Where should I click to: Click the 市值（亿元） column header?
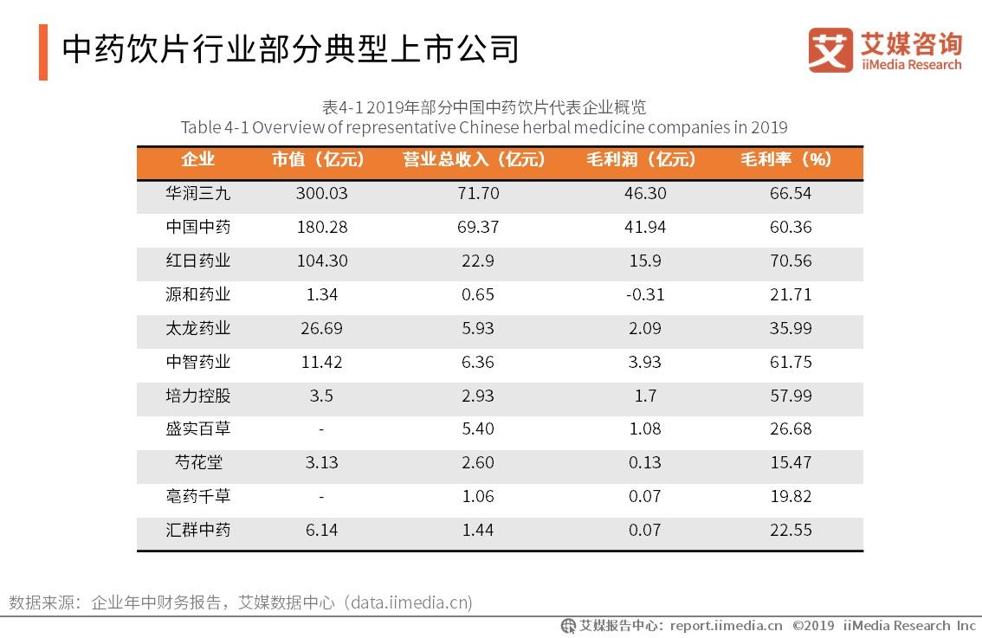[318, 160]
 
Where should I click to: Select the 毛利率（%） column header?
[785, 160]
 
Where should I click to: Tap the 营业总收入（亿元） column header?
[475, 160]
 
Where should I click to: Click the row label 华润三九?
[198, 194]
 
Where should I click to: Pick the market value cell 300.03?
[321, 194]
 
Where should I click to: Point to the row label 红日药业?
[198, 261]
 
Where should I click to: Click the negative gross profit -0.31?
[644, 294]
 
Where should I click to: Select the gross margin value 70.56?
[791, 261]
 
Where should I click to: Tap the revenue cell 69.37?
[478, 227]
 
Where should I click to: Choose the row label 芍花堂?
[198, 462]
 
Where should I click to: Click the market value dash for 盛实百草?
[321, 429]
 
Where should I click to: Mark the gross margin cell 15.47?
[791, 462]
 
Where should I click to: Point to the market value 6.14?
[321, 530]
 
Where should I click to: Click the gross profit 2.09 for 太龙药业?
[644, 328]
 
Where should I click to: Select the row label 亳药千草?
[198, 496]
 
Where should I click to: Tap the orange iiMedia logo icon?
[830, 49]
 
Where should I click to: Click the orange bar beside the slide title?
[43, 52]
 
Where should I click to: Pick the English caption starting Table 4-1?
[484, 128]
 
